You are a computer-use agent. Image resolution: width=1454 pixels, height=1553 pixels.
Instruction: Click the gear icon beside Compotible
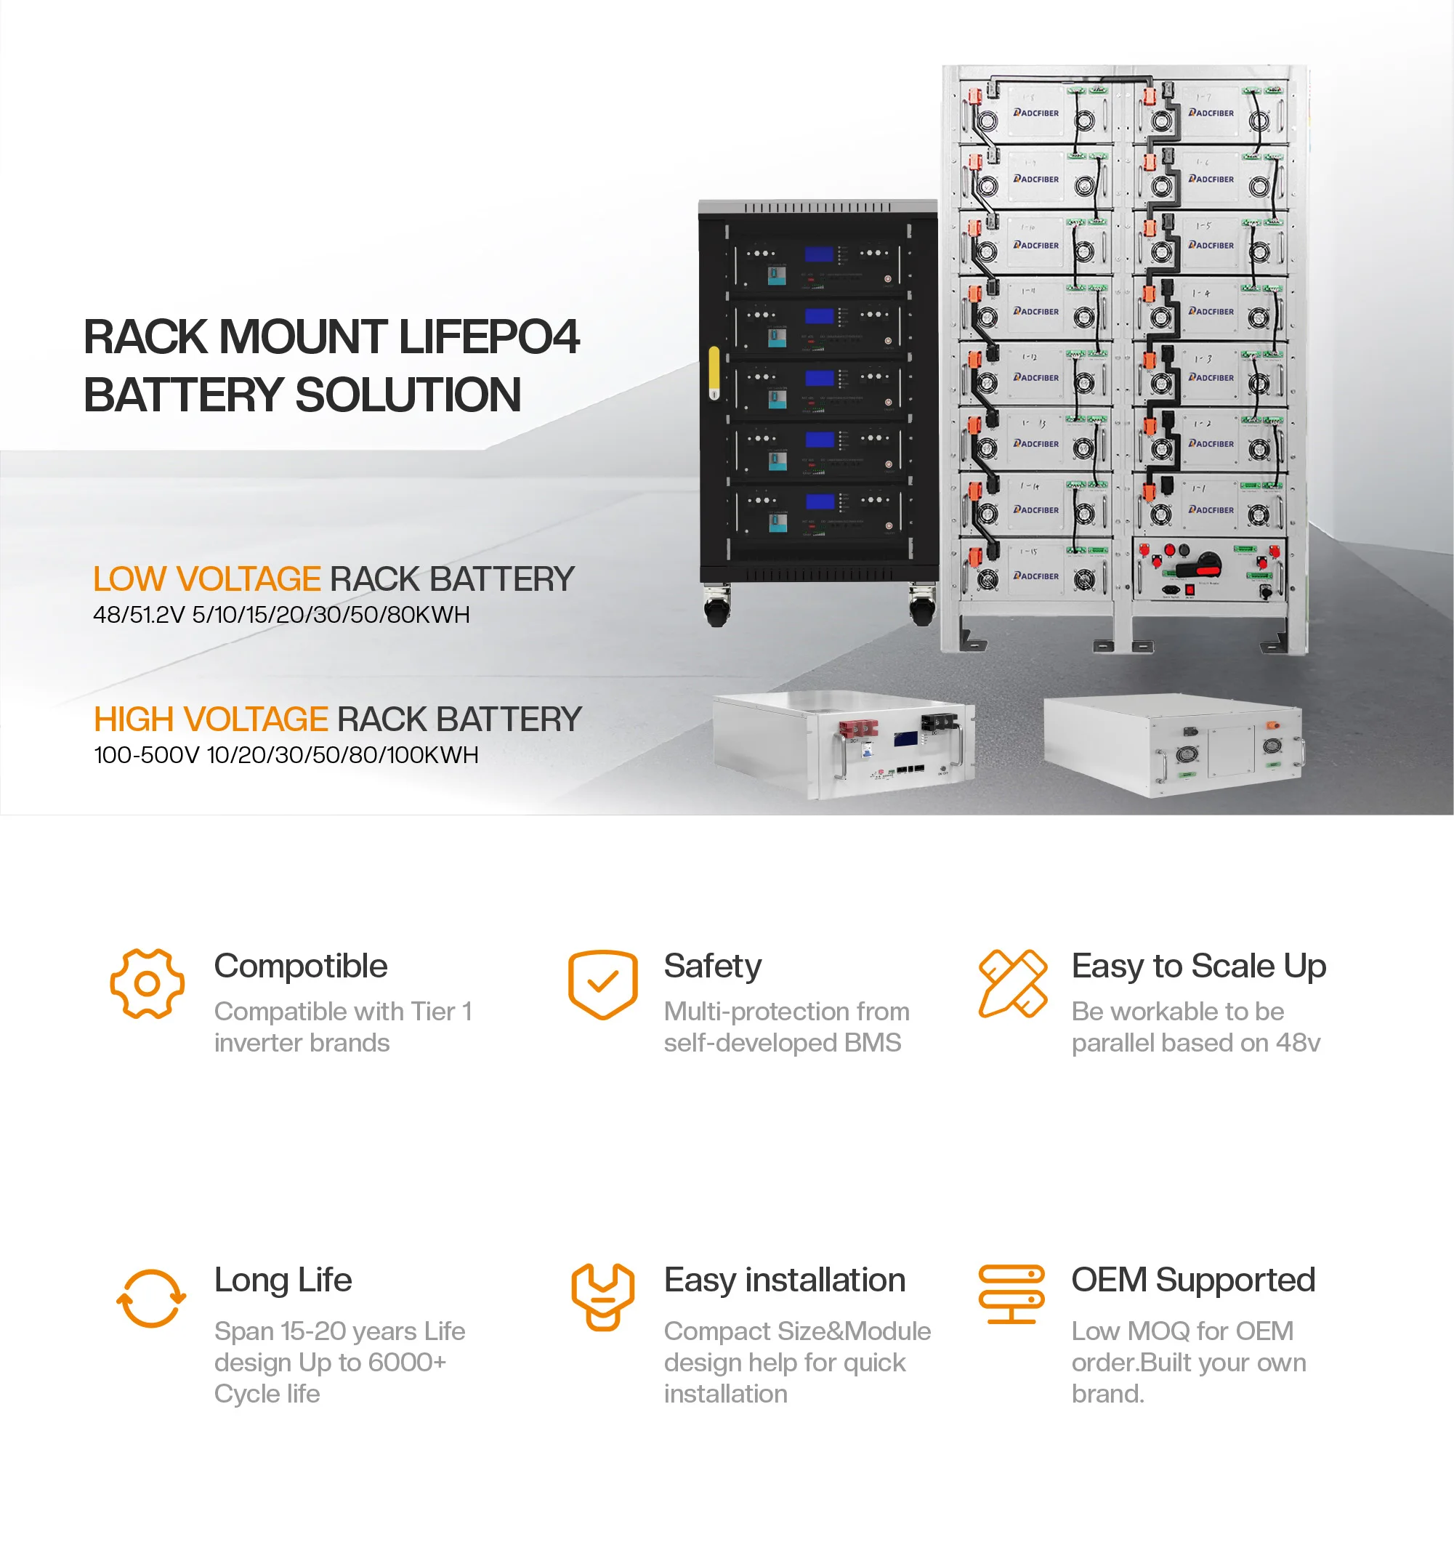[147, 983]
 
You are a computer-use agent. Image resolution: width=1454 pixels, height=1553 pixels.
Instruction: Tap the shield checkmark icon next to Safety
[602, 983]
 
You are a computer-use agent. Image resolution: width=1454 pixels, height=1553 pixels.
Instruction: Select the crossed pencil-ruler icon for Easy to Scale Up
[1012, 983]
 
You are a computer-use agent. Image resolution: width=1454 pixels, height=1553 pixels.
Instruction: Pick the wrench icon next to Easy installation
[602, 1296]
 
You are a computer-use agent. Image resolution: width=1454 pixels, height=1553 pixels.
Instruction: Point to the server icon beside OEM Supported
[1011, 1294]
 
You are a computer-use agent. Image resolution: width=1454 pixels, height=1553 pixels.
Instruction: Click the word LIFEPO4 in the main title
[488, 336]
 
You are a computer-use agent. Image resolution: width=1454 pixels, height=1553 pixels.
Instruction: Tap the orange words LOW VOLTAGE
[206, 579]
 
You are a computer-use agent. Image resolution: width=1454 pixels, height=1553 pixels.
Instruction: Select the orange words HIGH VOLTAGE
[210, 719]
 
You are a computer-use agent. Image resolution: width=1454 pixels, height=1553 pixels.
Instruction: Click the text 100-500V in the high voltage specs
[146, 754]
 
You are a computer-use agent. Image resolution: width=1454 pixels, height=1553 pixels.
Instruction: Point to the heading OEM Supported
[1193, 1280]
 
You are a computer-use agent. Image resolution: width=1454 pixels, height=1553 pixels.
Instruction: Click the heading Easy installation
[785, 1280]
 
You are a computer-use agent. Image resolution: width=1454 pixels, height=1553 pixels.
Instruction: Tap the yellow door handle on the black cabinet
[714, 372]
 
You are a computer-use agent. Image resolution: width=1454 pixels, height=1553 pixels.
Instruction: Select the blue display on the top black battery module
[819, 254]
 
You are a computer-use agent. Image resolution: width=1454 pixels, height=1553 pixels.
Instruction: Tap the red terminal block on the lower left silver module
[858, 730]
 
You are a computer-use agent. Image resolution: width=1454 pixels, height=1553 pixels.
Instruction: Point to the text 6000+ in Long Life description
[406, 1363]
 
